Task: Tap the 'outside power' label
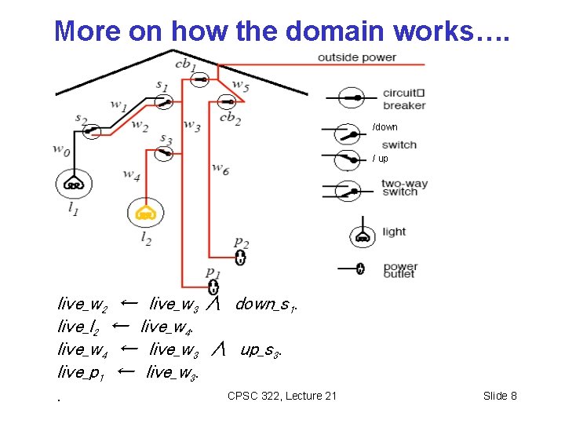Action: (x=357, y=57)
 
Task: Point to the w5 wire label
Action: (x=241, y=87)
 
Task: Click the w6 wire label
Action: (x=221, y=168)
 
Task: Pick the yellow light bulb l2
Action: (x=146, y=212)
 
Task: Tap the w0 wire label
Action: (x=61, y=148)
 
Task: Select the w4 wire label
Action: (x=132, y=174)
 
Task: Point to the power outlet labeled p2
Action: (x=241, y=258)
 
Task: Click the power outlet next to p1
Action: (x=213, y=287)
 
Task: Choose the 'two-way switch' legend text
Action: (x=405, y=188)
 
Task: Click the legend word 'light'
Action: (x=394, y=232)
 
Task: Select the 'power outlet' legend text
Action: (x=400, y=270)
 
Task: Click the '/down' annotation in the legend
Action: (x=385, y=126)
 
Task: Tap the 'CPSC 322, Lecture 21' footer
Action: (x=282, y=396)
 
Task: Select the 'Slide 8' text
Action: (x=500, y=396)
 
